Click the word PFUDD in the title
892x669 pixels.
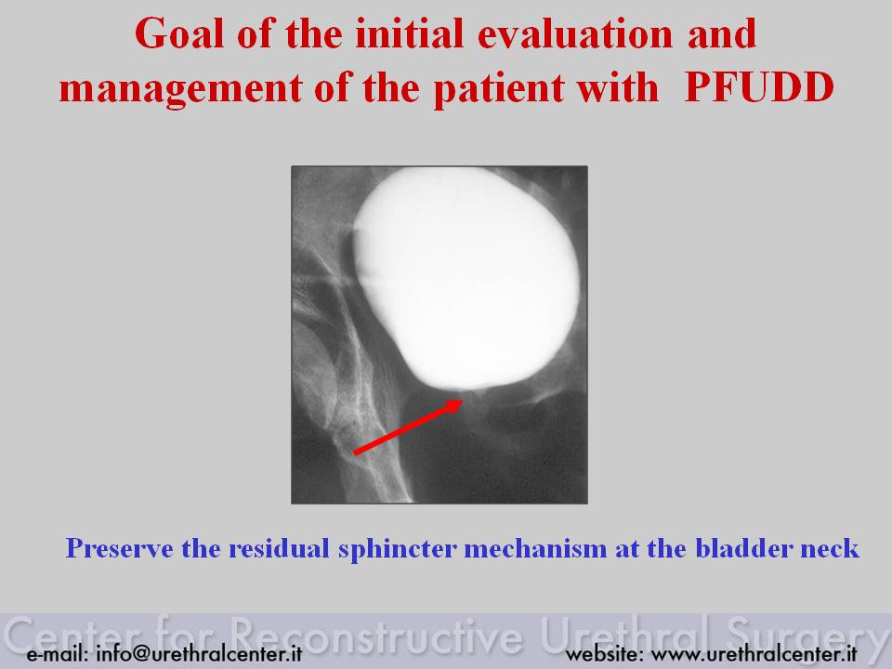(x=759, y=87)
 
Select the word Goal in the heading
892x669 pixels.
(x=179, y=33)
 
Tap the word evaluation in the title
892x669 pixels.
(x=575, y=33)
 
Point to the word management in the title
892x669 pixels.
(x=180, y=90)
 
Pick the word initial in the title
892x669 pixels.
(x=409, y=33)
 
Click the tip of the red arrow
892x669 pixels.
(x=462, y=400)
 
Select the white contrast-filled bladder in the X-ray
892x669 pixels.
(x=466, y=279)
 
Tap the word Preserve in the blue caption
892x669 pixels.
(x=120, y=548)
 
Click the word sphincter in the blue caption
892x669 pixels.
(x=397, y=549)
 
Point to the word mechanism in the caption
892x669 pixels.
(x=535, y=548)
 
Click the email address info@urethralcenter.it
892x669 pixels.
(x=199, y=653)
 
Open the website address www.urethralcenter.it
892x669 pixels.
(x=754, y=653)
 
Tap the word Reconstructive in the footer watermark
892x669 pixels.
(x=376, y=636)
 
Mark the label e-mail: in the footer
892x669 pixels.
(x=58, y=653)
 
